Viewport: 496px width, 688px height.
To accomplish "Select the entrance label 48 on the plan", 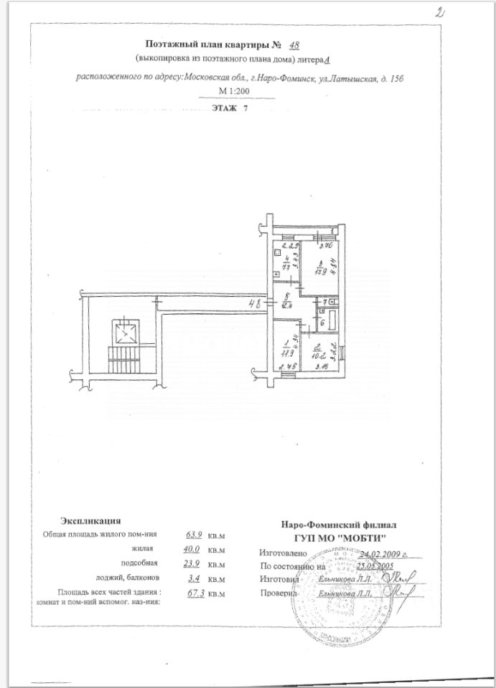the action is pyautogui.click(x=254, y=304).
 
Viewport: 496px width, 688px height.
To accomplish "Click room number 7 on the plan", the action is pyautogui.click(x=324, y=303).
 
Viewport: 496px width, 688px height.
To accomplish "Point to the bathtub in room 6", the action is pyautogui.click(x=334, y=317).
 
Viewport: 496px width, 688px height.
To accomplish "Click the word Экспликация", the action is pyautogui.click(x=90, y=521).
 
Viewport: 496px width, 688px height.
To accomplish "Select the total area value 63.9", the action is pyautogui.click(x=195, y=535).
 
